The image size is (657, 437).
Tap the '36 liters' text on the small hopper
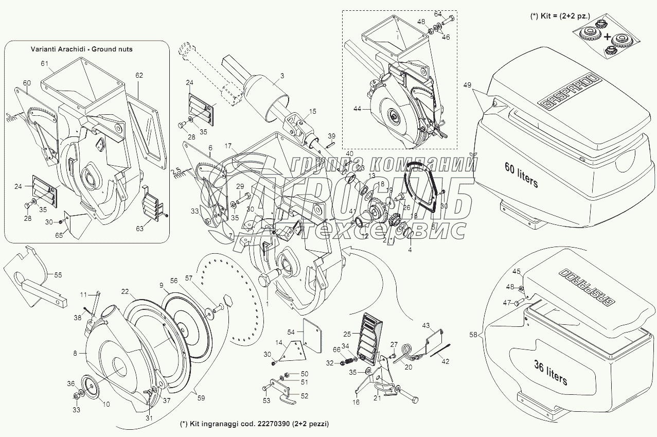(x=549, y=373)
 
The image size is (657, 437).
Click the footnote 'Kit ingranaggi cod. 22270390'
(x=254, y=424)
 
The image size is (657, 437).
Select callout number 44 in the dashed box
(x=357, y=109)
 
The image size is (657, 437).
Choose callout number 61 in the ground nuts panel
(x=44, y=63)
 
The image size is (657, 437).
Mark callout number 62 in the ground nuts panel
(x=139, y=75)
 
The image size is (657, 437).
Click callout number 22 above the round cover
(x=125, y=291)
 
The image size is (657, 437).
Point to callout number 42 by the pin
(x=446, y=361)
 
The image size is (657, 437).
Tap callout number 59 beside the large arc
(x=200, y=397)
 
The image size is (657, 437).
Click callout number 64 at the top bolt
(x=438, y=13)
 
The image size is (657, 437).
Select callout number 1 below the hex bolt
(x=268, y=304)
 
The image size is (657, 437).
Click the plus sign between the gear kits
(x=608, y=37)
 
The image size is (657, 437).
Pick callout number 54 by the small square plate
(x=291, y=332)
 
